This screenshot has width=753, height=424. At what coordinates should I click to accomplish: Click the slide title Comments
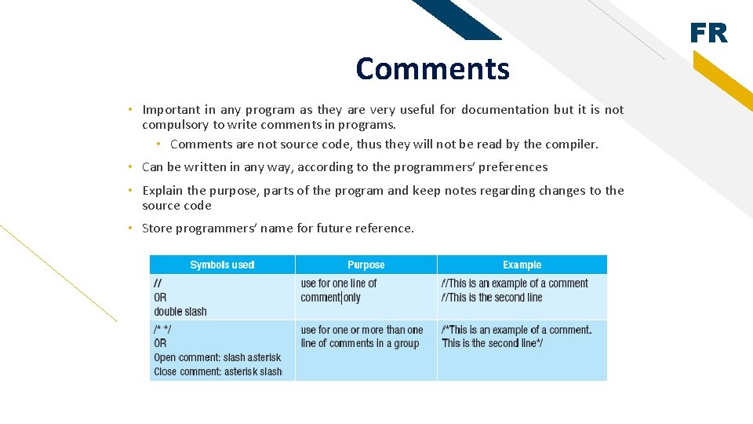(432, 69)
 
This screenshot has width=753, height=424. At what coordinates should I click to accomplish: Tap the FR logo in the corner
(708, 34)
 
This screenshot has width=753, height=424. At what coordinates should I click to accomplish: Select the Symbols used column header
(222, 265)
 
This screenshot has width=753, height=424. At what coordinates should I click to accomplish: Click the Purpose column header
(366, 265)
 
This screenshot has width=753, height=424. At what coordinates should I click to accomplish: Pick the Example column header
(522, 265)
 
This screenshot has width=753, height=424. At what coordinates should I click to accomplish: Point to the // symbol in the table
(158, 283)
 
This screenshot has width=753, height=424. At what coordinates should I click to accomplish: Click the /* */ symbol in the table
(163, 330)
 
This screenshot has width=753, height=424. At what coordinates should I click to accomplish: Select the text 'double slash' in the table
(180, 311)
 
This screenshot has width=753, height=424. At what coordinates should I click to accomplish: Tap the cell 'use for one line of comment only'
(339, 290)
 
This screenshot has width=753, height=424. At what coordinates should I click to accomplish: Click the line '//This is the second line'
(492, 297)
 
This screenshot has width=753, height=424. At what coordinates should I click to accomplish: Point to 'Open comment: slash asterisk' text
(217, 357)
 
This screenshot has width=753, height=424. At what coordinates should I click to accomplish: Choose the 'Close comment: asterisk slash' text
(217, 371)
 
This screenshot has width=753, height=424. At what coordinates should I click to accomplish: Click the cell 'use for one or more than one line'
(362, 336)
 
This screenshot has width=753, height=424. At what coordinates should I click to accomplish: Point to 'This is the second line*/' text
(493, 342)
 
